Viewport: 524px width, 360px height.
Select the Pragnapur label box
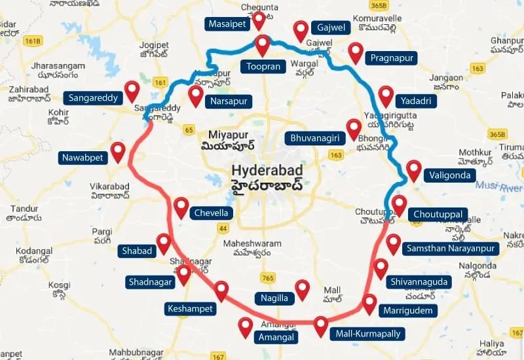392,58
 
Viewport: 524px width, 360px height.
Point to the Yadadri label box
413,101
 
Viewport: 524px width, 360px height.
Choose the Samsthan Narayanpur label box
452,249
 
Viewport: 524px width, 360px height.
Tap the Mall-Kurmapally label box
367,334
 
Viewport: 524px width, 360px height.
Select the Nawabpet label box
82,158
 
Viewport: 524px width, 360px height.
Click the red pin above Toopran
263,45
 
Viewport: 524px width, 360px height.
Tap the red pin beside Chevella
181,207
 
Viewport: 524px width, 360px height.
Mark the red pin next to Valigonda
413,170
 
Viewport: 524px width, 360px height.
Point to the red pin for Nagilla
302,289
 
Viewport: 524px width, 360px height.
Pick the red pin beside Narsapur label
195,96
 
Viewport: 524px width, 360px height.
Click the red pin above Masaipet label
259,20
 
